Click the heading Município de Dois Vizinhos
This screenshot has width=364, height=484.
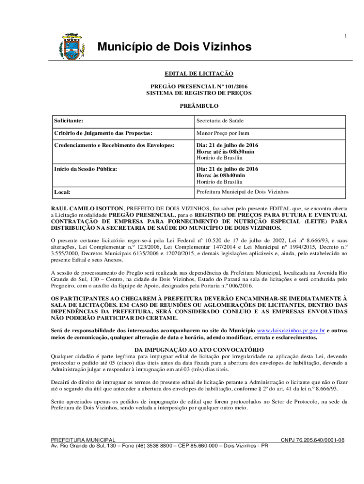tap(174, 47)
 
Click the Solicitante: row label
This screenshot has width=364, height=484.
tap(71, 121)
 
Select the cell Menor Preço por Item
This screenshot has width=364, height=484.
tap(223, 133)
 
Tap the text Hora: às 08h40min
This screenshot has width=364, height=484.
tap(221, 175)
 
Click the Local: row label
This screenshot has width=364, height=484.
tap(62, 192)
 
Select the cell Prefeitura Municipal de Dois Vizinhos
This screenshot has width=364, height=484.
tap(243, 192)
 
